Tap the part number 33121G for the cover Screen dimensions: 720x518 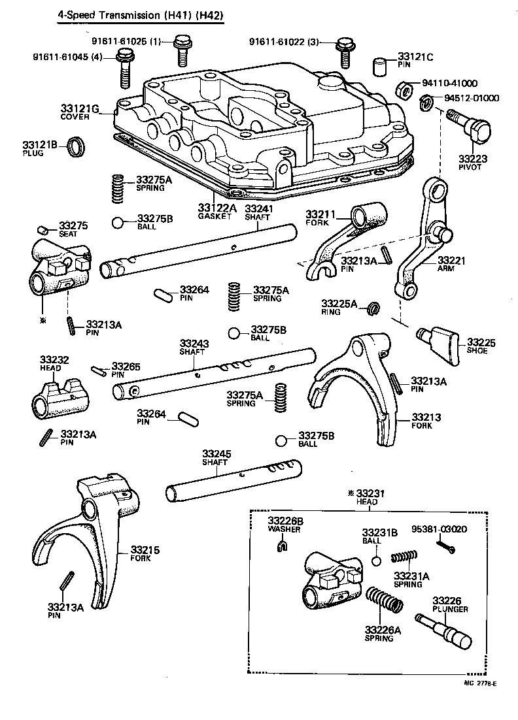click(78, 108)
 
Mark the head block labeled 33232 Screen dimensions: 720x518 click(59, 399)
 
